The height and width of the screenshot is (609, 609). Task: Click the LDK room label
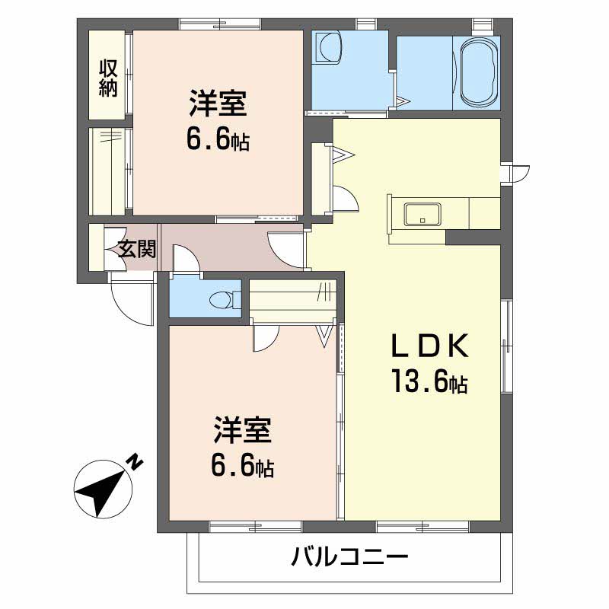tap(428, 346)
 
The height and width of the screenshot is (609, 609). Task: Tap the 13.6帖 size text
tap(428, 381)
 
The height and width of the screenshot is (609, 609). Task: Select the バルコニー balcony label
tap(350, 558)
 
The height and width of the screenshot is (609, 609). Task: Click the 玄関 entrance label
tap(137, 248)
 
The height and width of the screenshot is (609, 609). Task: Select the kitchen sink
tap(422, 215)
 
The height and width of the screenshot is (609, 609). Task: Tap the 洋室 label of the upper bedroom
tap(217, 104)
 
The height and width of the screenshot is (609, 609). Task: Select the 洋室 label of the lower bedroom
tap(242, 431)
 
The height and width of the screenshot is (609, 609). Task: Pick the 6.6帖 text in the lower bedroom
tap(242, 466)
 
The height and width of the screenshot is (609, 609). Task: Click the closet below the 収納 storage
tap(109, 171)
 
